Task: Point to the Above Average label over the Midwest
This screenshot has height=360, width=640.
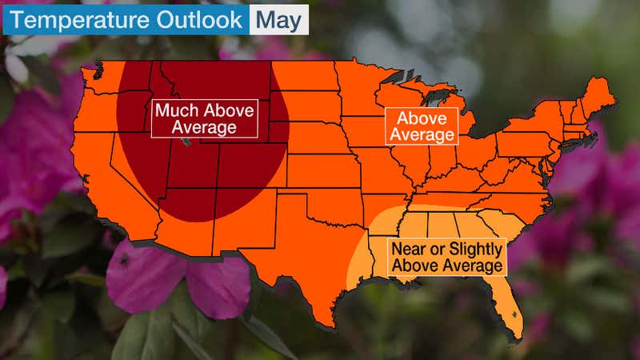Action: pyautogui.click(x=422, y=126)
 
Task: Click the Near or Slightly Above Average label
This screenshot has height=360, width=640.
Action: pyautogui.click(x=446, y=256)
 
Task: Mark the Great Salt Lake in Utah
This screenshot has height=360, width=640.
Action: pyautogui.click(x=186, y=143)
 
